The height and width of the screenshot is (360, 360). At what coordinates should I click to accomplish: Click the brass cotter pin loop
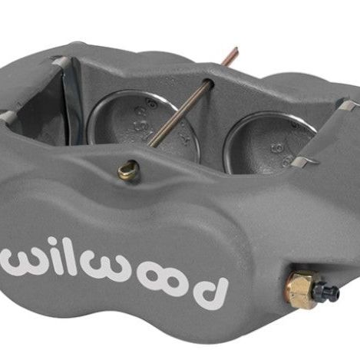click(127, 170)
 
